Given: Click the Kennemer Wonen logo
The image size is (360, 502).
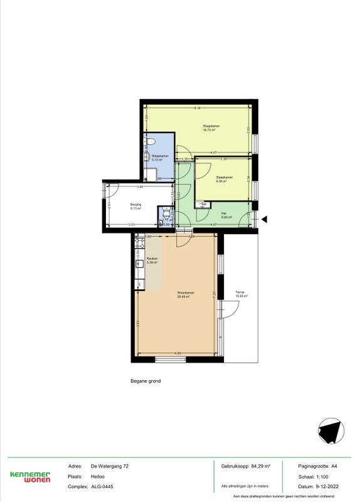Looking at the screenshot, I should click(29, 476).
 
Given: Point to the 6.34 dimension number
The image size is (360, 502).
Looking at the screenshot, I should click(196, 107).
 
